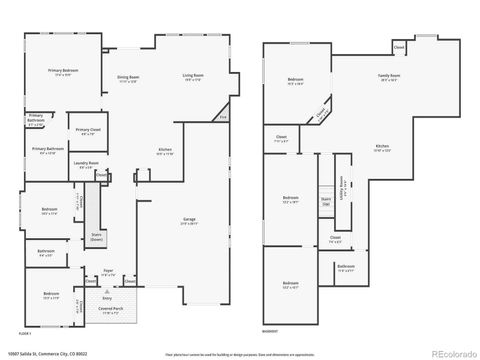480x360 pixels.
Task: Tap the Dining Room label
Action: (128, 77)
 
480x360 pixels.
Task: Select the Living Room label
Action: (193, 77)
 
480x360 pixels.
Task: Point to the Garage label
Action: (189, 219)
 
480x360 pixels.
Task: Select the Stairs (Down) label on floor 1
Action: (97, 238)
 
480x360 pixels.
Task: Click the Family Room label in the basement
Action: (389, 76)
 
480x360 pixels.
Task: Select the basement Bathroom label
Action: (345, 266)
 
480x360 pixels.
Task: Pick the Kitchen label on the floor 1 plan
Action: (164, 152)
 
